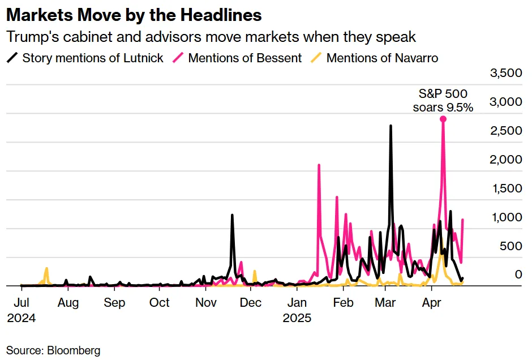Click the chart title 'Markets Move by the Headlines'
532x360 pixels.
point(134,15)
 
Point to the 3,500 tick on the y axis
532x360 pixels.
point(505,74)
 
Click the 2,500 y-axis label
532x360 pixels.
point(505,131)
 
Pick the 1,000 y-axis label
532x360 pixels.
point(505,217)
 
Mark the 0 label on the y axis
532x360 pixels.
point(516,275)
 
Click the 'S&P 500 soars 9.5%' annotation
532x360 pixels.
point(443,100)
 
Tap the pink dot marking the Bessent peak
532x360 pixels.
point(443,119)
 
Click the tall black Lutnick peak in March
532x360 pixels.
point(391,126)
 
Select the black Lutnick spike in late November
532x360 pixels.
point(232,216)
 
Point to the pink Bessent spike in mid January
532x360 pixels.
point(319,165)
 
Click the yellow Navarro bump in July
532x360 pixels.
point(46,269)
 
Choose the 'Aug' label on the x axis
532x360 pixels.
point(67,302)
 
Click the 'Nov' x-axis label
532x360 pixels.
point(206,302)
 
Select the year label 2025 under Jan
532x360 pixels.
point(297,318)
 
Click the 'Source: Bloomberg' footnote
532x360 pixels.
point(53,350)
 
